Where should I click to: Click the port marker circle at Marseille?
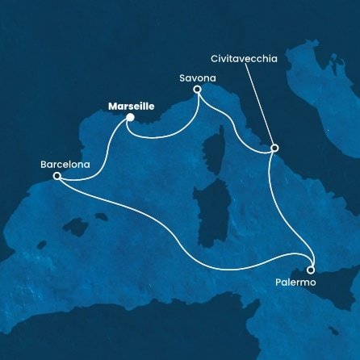pos(129,118)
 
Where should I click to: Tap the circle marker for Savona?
pos(197,92)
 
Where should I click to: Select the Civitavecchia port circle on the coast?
pos(274,149)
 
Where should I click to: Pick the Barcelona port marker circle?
pos(57,176)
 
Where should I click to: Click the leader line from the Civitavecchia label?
pos(258,105)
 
